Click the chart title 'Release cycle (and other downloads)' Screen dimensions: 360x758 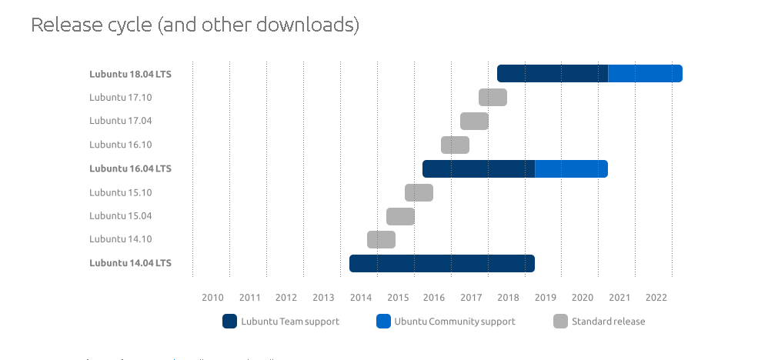coord(195,25)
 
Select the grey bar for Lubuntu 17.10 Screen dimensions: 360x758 coord(493,97)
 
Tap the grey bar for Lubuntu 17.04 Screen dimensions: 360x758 coord(474,121)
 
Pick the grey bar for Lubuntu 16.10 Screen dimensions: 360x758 coord(455,145)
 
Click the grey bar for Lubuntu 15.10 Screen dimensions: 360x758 coord(419,192)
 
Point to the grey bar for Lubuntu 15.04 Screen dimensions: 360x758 coord(400,216)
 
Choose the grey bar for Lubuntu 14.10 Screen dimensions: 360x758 coord(381,239)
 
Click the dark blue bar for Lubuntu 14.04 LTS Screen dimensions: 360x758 coord(442,263)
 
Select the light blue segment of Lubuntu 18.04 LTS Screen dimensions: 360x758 coord(645,73)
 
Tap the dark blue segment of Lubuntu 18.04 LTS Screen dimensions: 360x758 coord(553,73)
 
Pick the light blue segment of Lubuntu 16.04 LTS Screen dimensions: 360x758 coord(571,168)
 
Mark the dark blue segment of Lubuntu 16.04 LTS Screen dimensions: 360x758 coord(479,168)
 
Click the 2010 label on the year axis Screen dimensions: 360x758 coord(212,298)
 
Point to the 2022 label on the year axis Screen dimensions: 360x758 coord(656,298)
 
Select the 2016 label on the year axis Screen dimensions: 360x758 coord(434,298)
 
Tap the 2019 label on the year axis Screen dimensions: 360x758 coord(546,298)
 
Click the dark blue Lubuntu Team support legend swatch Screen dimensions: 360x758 coord(229,322)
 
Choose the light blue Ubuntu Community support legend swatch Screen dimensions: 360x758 coord(383,322)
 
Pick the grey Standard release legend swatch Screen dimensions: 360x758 coord(560,322)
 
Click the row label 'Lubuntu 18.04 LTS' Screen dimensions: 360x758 coord(130,74)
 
